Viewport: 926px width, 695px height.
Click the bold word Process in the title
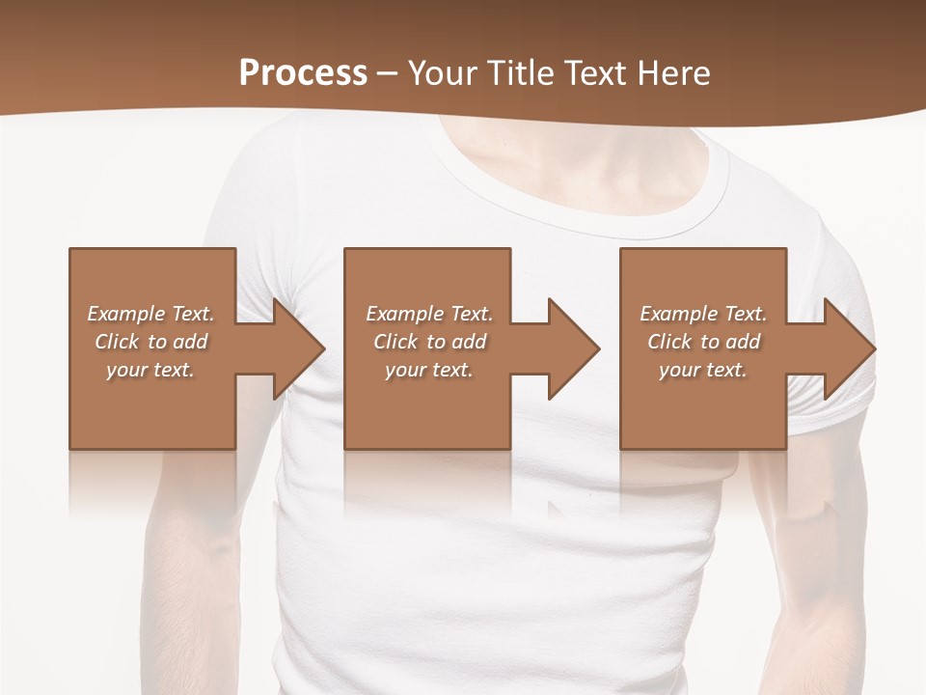(303, 72)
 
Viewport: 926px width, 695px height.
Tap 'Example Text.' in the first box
(150, 314)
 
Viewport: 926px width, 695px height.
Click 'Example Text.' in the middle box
(429, 314)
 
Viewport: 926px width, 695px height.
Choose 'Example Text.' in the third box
(703, 314)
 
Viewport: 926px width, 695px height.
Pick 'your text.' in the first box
(150, 370)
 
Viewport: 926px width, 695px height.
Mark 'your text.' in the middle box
(429, 370)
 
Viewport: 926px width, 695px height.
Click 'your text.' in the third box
(703, 370)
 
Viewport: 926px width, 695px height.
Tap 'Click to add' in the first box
(150, 342)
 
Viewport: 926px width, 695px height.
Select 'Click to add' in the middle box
(429, 342)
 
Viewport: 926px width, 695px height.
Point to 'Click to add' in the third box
(703, 342)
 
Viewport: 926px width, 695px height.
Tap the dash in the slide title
(388, 73)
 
